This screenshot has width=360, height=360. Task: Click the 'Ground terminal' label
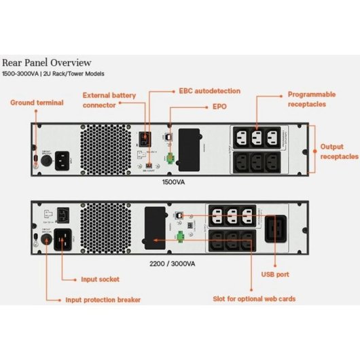coord(37,103)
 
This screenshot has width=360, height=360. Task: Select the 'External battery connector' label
coord(108,100)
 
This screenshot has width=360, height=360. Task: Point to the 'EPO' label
coord(219,107)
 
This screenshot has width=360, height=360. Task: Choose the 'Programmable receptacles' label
coord(311,99)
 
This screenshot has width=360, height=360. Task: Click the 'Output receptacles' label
coord(339,151)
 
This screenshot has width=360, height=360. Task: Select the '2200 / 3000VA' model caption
coord(175,263)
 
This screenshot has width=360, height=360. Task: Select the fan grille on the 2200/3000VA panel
coord(103,228)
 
